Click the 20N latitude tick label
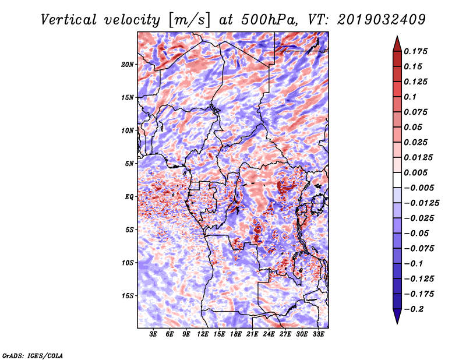[128, 64]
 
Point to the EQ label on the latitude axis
[129, 197]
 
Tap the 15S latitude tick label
[128, 296]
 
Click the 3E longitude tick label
[154, 334]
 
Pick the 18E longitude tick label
[236, 334]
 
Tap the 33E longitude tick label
[318, 334]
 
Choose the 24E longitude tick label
[269, 334]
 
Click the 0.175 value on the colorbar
[417, 51]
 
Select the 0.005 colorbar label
[417, 172]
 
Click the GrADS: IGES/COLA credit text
[33, 355]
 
